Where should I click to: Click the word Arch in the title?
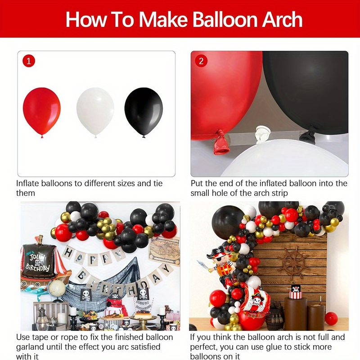tap(282, 19)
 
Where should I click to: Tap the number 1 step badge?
tap(29, 61)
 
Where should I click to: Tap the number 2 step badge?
tap(201, 61)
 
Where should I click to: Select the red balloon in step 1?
tap(42, 112)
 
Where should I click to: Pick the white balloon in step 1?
tap(95, 112)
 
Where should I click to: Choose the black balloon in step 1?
tap(144, 112)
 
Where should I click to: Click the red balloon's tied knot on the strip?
tap(221, 142)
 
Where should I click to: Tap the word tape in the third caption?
tap(40, 337)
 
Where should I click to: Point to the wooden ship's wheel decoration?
tap(293, 263)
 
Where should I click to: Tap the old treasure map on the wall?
tap(164, 251)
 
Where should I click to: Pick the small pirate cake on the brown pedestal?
tap(296, 292)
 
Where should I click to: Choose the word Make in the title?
tap(163, 19)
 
